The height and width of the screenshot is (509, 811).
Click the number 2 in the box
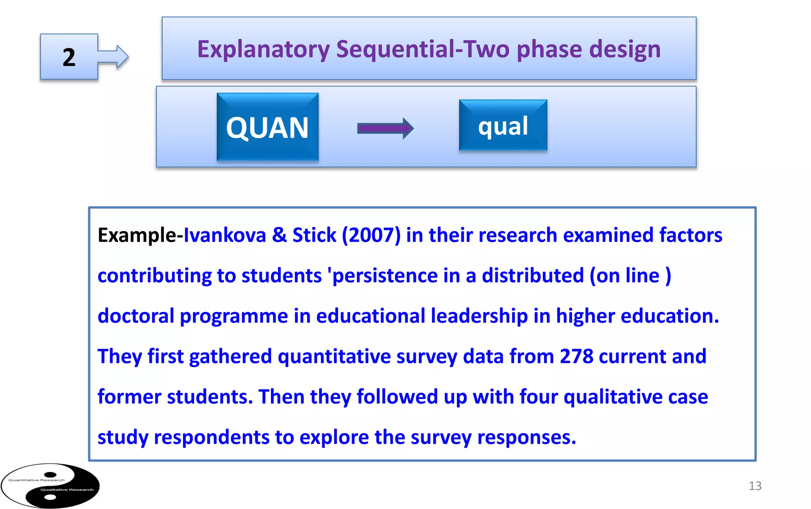[x=69, y=57]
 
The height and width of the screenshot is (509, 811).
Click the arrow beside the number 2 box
[x=115, y=57]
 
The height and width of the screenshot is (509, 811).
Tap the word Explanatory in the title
[x=263, y=50]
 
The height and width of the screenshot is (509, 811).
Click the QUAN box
[x=267, y=127]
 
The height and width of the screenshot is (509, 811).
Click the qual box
[x=503, y=126]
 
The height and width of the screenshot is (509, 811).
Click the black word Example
[x=137, y=235]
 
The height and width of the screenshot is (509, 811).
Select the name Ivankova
[x=225, y=235]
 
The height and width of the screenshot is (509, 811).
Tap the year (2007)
[x=371, y=235]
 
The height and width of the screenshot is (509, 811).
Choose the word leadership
[x=479, y=316]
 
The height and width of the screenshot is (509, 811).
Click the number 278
[x=576, y=356]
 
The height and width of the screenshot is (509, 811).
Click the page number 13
[x=755, y=486]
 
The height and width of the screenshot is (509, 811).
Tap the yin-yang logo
[x=50, y=486]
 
